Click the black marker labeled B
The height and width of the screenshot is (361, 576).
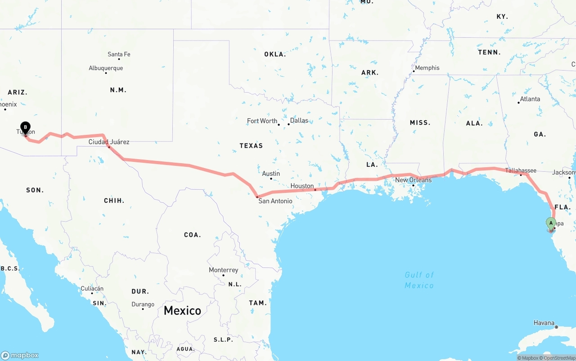point(26,128)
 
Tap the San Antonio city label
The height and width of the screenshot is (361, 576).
point(275,201)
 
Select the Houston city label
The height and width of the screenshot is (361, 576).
point(302,186)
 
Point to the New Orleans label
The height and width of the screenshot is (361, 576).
point(413,180)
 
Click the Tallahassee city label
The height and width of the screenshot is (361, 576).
point(521,170)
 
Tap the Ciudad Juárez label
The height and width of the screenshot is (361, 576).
point(109,142)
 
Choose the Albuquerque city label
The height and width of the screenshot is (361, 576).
point(106,68)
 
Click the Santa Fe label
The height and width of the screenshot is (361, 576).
point(119,54)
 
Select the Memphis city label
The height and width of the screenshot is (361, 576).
point(427,68)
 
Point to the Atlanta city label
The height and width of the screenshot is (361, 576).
point(530,99)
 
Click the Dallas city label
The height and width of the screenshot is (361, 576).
point(299,120)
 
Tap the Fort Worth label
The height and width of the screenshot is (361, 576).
point(262,121)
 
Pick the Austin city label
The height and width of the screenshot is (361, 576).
point(271,174)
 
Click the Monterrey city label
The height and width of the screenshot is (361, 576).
point(223,270)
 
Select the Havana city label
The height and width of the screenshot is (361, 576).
point(544,323)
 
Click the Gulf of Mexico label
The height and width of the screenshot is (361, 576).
point(419,280)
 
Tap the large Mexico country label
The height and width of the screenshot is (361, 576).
point(182,310)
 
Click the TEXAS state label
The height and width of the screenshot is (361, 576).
point(251,146)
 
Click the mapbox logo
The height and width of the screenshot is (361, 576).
point(20,355)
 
